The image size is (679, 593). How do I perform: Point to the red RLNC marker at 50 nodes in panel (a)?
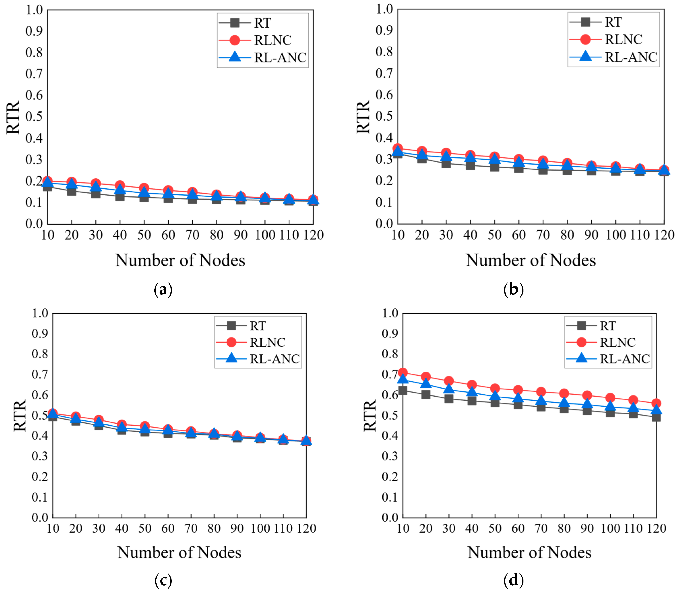click(x=144, y=188)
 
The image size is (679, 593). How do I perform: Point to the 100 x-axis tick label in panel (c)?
click(x=260, y=529)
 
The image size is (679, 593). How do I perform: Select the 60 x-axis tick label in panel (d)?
click(x=518, y=529)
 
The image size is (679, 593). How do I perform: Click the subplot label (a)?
click(x=163, y=290)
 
